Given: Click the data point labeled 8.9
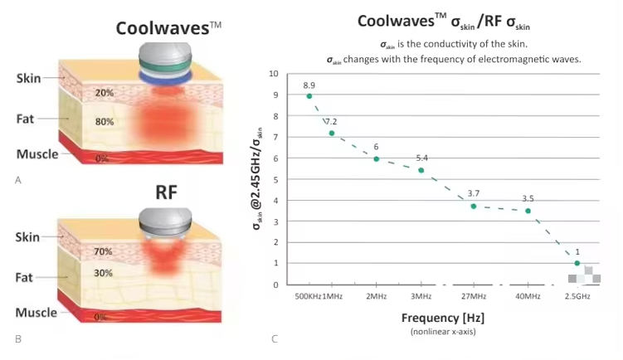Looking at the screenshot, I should pos(309,96).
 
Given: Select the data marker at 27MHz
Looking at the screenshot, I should pos(474,206).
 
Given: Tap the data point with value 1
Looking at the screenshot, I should pos(577,263).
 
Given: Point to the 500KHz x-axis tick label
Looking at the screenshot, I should pos(303,296).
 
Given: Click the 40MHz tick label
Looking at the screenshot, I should pos(526,296).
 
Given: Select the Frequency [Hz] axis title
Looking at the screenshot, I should pos(442,318).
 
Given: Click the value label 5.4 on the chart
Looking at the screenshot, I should pos(421,158).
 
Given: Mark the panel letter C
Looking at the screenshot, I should pos(275,338).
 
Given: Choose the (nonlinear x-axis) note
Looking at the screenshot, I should pos(442,332).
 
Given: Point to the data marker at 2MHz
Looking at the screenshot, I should pos(376,158).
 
